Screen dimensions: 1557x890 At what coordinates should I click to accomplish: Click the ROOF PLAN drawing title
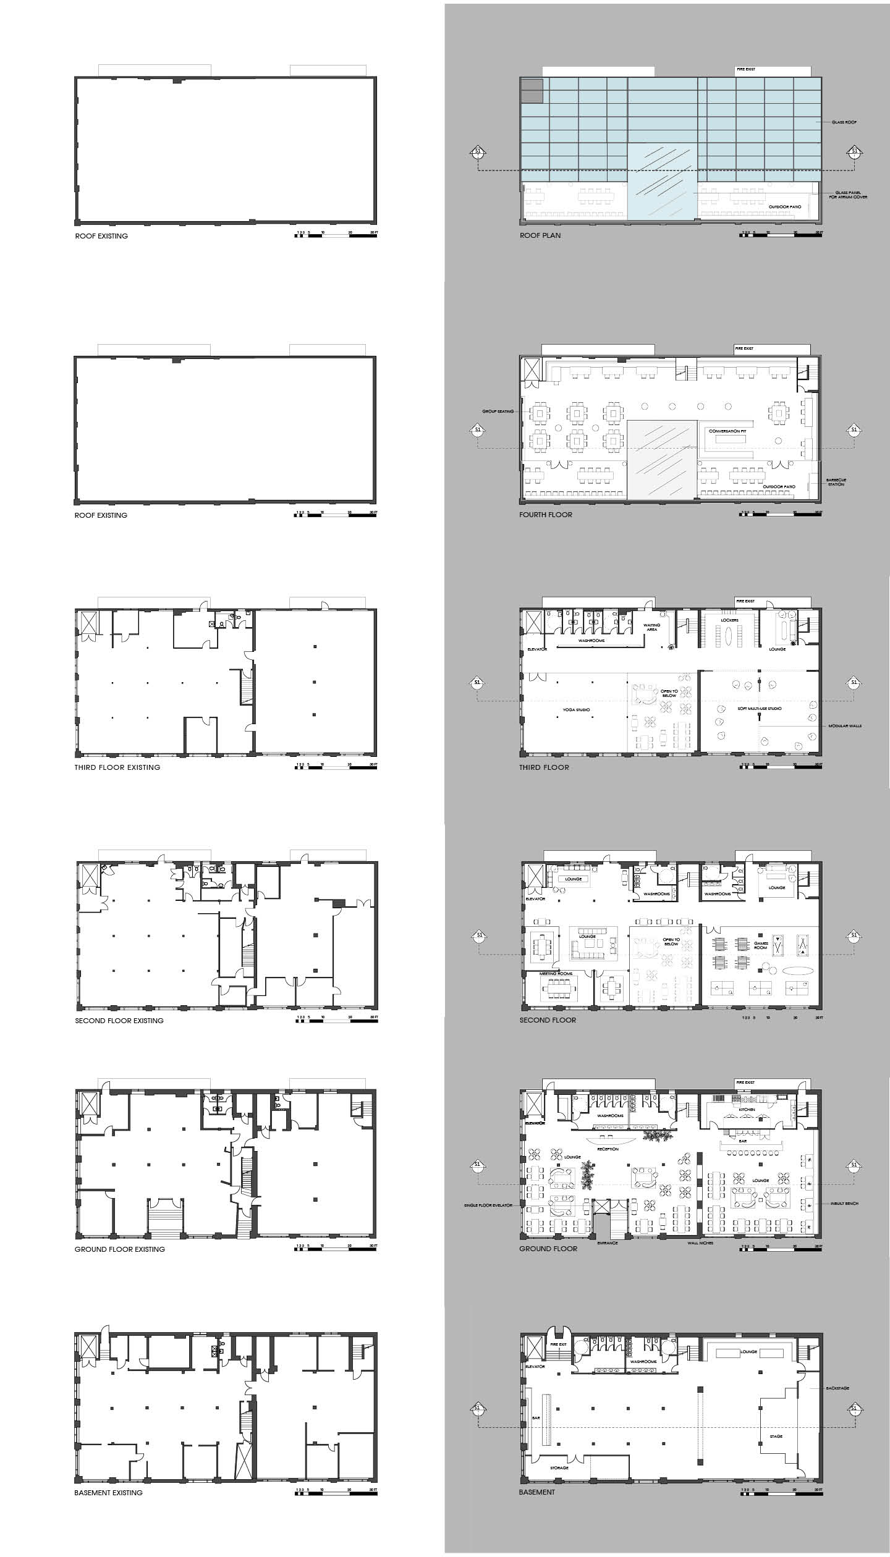540,235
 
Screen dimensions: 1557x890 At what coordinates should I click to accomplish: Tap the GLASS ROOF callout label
844,122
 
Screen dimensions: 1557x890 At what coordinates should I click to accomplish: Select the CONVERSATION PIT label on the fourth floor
727,431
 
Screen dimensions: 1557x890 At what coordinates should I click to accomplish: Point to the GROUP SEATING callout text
498,411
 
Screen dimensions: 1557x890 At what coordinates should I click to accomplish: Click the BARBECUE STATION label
836,482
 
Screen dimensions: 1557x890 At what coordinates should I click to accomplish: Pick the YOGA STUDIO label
576,710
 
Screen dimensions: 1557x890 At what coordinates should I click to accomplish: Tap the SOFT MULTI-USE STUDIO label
760,708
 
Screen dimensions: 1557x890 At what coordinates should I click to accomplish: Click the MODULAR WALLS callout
845,726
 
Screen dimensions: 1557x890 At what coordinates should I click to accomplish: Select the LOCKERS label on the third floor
729,620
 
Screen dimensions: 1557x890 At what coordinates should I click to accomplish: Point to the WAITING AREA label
652,627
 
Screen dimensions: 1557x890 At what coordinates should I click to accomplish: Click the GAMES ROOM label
761,945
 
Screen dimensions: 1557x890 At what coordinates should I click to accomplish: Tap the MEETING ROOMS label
556,974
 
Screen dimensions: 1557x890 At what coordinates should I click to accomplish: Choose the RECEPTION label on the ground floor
608,1149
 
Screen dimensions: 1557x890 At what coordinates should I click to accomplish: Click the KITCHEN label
747,1110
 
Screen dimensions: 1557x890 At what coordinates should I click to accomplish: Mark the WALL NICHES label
700,1243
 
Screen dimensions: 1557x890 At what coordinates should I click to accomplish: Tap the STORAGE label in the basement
559,1467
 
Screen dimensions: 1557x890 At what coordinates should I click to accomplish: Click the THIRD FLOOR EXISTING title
117,767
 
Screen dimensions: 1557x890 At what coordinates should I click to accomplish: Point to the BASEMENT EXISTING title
108,1493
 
